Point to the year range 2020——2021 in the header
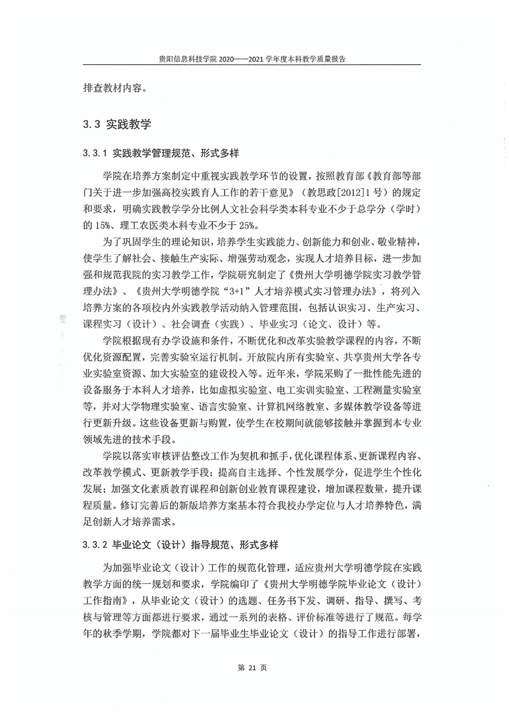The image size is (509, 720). point(239,58)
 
